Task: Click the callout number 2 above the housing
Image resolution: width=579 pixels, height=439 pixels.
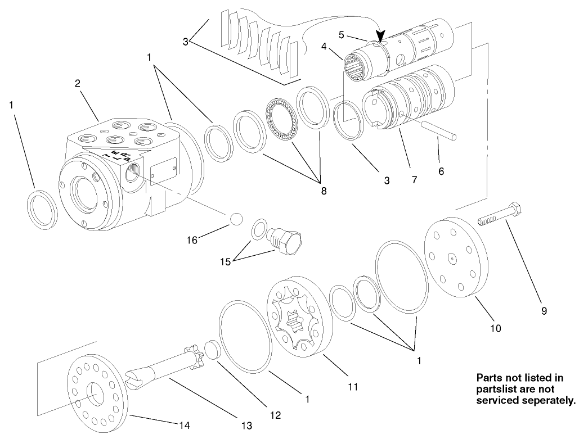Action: pyautogui.click(x=78, y=83)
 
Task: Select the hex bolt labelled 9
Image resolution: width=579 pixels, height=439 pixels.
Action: pyautogui.click(x=501, y=216)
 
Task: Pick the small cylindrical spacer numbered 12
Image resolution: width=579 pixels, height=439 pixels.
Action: pyautogui.click(x=210, y=349)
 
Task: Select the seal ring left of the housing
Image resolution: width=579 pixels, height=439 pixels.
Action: pyautogui.click(x=42, y=209)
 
